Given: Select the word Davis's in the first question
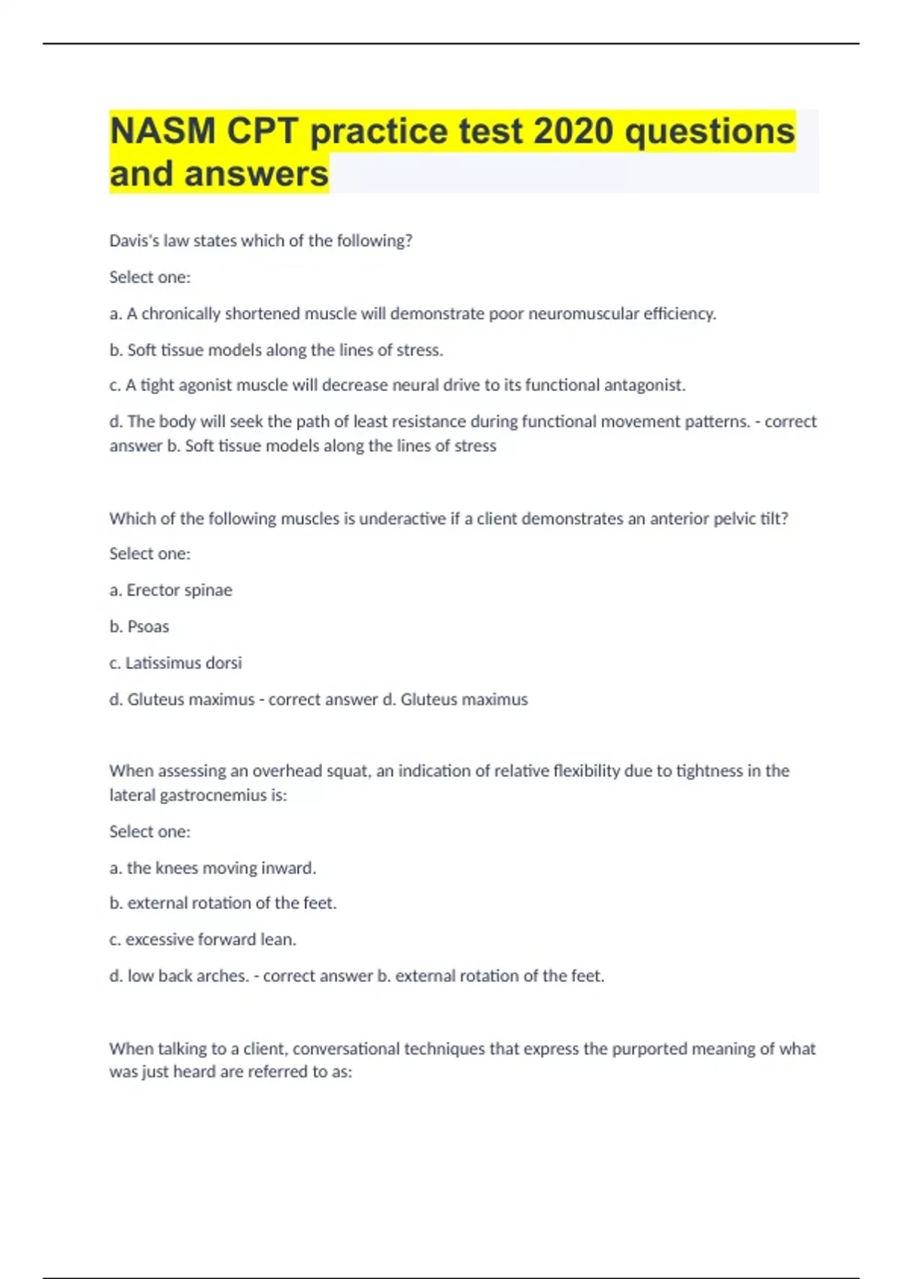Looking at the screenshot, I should [134, 241].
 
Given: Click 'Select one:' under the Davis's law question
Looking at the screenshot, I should [150, 277].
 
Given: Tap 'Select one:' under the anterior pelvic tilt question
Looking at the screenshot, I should [150, 554].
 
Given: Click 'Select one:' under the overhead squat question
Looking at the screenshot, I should [150, 831].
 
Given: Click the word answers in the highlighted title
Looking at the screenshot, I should [257, 174].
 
